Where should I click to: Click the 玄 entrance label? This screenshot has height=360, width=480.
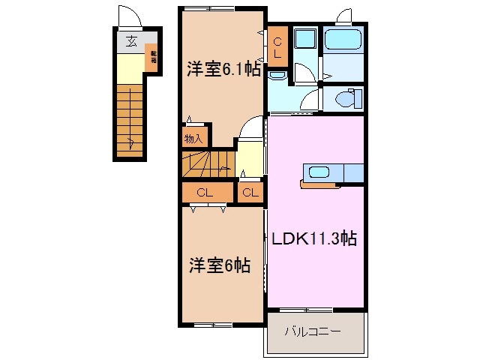coord(131,42)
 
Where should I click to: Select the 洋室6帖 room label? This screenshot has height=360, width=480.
coord(219,265)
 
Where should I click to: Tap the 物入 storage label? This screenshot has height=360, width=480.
coord(192,138)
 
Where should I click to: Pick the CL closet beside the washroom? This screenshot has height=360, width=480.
coord(277,46)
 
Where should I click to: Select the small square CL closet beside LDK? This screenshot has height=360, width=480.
coord(250,193)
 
